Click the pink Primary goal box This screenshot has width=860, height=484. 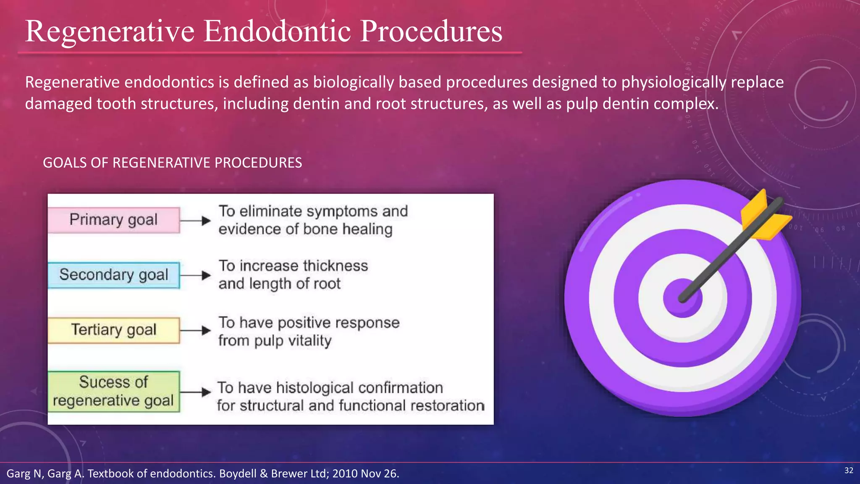(113, 220)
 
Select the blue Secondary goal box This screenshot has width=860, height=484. (113, 275)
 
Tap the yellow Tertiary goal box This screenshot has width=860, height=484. (113, 330)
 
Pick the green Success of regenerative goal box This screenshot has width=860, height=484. (113, 392)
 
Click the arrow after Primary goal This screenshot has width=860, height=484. (195, 221)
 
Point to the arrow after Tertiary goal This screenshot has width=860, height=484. (195, 331)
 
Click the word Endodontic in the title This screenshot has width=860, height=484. (277, 32)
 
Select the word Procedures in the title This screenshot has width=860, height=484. (431, 32)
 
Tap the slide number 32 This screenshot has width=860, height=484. (849, 470)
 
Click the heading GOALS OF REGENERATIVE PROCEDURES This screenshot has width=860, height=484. (172, 163)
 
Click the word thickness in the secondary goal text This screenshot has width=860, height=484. (335, 266)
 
